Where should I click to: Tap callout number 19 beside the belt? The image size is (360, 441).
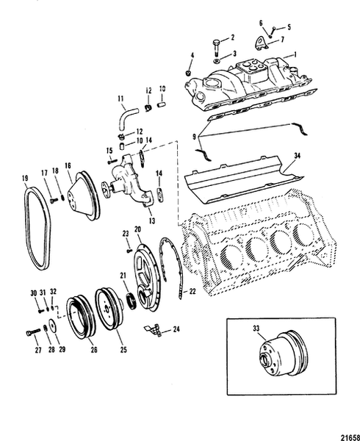click(x=25, y=179)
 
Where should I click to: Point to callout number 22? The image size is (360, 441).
click(x=192, y=292)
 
